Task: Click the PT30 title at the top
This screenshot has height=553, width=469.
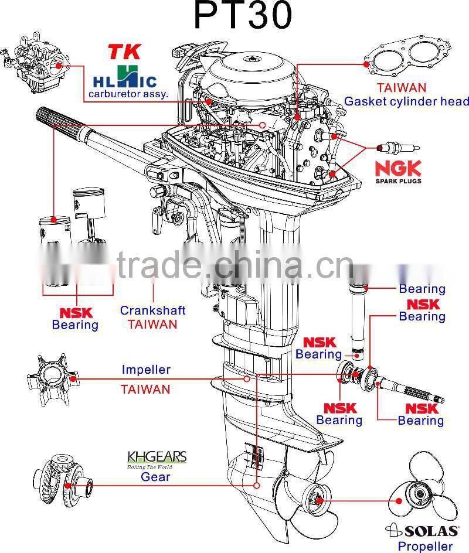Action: click(242, 16)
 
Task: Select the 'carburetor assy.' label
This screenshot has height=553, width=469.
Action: click(128, 93)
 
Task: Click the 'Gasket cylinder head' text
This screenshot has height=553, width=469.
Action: click(406, 101)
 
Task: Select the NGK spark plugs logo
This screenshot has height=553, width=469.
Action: click(398, 171)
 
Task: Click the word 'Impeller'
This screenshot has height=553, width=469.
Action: click(146, 370)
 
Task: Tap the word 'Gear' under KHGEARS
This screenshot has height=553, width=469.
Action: click(155, 477)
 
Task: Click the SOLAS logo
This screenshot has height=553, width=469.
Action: click(419, 531)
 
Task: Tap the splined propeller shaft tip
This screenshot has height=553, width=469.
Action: click(430, 398)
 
